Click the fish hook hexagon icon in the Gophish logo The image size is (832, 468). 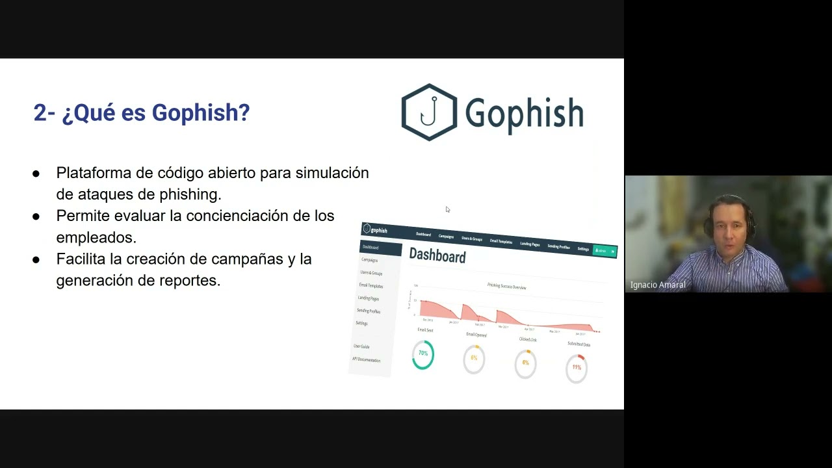coord(429,112)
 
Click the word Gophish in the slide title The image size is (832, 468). coord(201,112)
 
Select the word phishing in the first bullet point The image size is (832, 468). coord(188,194)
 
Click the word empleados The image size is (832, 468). coord(96,237)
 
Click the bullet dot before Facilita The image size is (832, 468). coord(36,259)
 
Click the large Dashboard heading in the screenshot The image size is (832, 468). coord(437,255)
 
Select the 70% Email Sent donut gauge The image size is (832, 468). coord(422,354)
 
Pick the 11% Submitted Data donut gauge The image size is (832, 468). coord(577,367)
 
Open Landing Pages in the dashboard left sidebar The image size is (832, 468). coord(368,298)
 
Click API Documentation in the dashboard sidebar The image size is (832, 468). coord(366,359)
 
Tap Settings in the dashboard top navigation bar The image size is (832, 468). coord(583,249)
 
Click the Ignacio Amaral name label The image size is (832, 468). coord(658,285)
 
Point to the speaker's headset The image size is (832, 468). coord(709,224)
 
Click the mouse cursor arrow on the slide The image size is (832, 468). coord(448,209)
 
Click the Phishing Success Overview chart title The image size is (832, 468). coord(506,286)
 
